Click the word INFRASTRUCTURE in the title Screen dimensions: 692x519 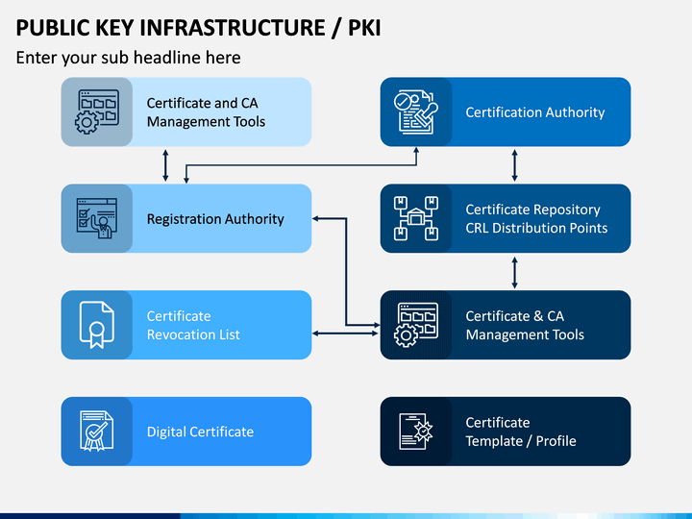pos(233,27)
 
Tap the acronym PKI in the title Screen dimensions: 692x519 pos(364,27)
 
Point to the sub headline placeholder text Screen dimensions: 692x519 pos(128,58)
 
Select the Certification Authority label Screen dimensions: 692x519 pos(535,112)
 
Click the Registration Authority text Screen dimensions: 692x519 pos(215,219)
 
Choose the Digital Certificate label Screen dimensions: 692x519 pos(200,432)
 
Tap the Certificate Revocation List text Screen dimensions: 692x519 pos(193,325)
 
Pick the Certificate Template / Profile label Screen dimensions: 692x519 pos(521,432)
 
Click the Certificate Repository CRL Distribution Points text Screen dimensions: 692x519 pos(536,218)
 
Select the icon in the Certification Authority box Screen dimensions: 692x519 pos(416,112)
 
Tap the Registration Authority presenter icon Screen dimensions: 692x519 pos(97,218)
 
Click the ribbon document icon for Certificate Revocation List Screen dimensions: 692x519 pos(97,325)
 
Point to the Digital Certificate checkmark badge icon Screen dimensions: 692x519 pos(97,432)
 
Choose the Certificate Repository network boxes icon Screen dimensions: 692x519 pos(416,218)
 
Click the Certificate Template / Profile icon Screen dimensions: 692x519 pos(416,432)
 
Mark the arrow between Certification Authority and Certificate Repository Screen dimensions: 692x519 pos(514,165)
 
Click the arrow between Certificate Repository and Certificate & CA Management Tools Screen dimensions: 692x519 pos(514,273)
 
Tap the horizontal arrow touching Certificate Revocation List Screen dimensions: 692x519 pos(345,334)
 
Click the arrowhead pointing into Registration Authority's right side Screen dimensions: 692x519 pos(315,218)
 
